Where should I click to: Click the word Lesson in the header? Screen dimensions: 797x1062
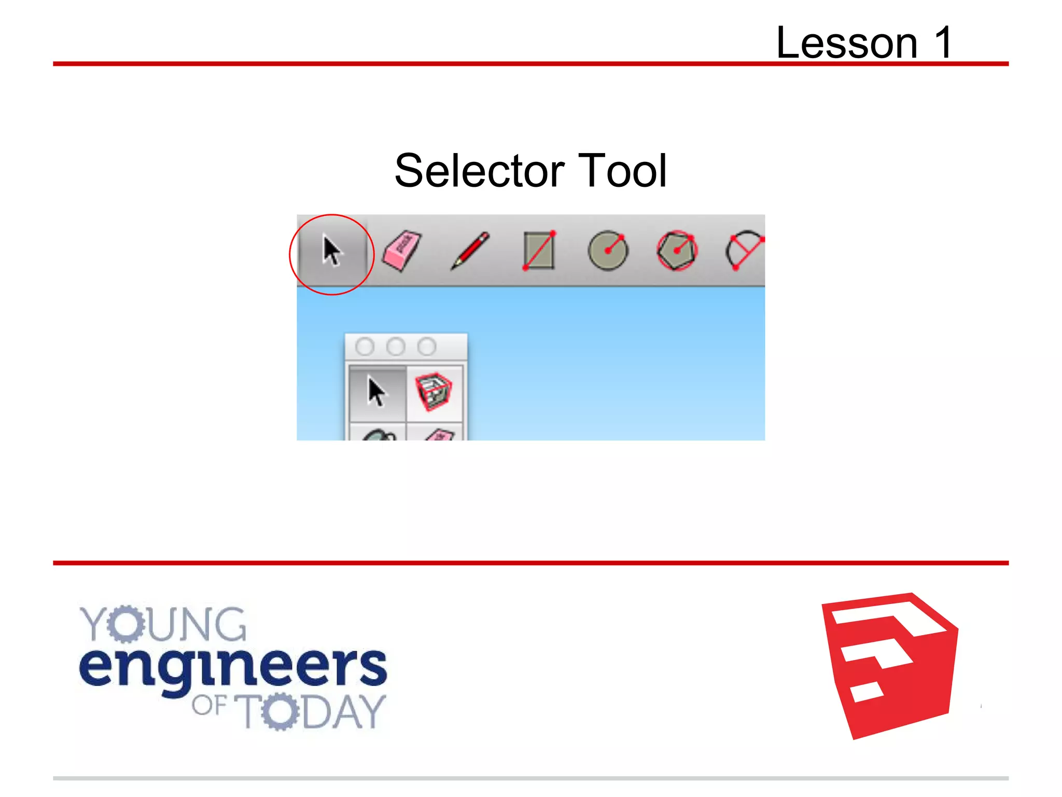[847, 43]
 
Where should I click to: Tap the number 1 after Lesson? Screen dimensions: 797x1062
[943, 43]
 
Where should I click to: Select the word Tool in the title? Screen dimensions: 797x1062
[622, 171]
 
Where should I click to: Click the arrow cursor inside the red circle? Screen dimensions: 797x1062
[331, 251]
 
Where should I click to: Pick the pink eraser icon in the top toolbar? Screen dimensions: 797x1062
[401, 251]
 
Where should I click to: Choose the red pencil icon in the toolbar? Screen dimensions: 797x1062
[470, 251]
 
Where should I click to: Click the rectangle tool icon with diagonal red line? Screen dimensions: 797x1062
[539, 251]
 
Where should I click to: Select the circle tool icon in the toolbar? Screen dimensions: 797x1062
[608, 251]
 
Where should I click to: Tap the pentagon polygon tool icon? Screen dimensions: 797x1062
[677, 251]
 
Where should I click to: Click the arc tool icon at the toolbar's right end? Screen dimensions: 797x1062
[745, 251]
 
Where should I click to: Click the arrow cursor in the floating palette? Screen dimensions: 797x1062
[376, 392]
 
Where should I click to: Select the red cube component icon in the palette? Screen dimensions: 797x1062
[434, 392]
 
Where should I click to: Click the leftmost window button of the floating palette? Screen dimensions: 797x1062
[365, 347]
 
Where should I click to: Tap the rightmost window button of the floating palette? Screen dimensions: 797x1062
[427, 347]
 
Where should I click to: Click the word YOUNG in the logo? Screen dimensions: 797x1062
[163, 624]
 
